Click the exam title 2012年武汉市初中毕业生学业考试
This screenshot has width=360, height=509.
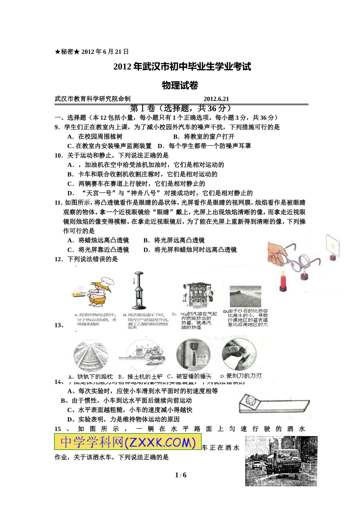pyautogui.click(x=182, y=67)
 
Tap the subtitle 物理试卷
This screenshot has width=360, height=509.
pyautogui.click(x=180, y=86)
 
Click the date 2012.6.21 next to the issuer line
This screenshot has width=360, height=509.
pyautogui.click(x=216, y=99)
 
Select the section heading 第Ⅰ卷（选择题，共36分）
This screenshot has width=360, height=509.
pyautogui.click(x=180, y=108)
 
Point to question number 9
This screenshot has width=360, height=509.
pyautogui.click(x=57, y=127)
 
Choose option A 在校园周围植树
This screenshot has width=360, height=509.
pyautogui.click(x=95, y=137)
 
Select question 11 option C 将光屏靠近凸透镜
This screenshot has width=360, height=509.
pyautogui.click(x=98, y=250)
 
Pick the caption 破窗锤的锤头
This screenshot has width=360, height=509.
pyautogui.click(x=189, y=376)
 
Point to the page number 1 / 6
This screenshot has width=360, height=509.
pyautogui.click(x=180, y=475)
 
